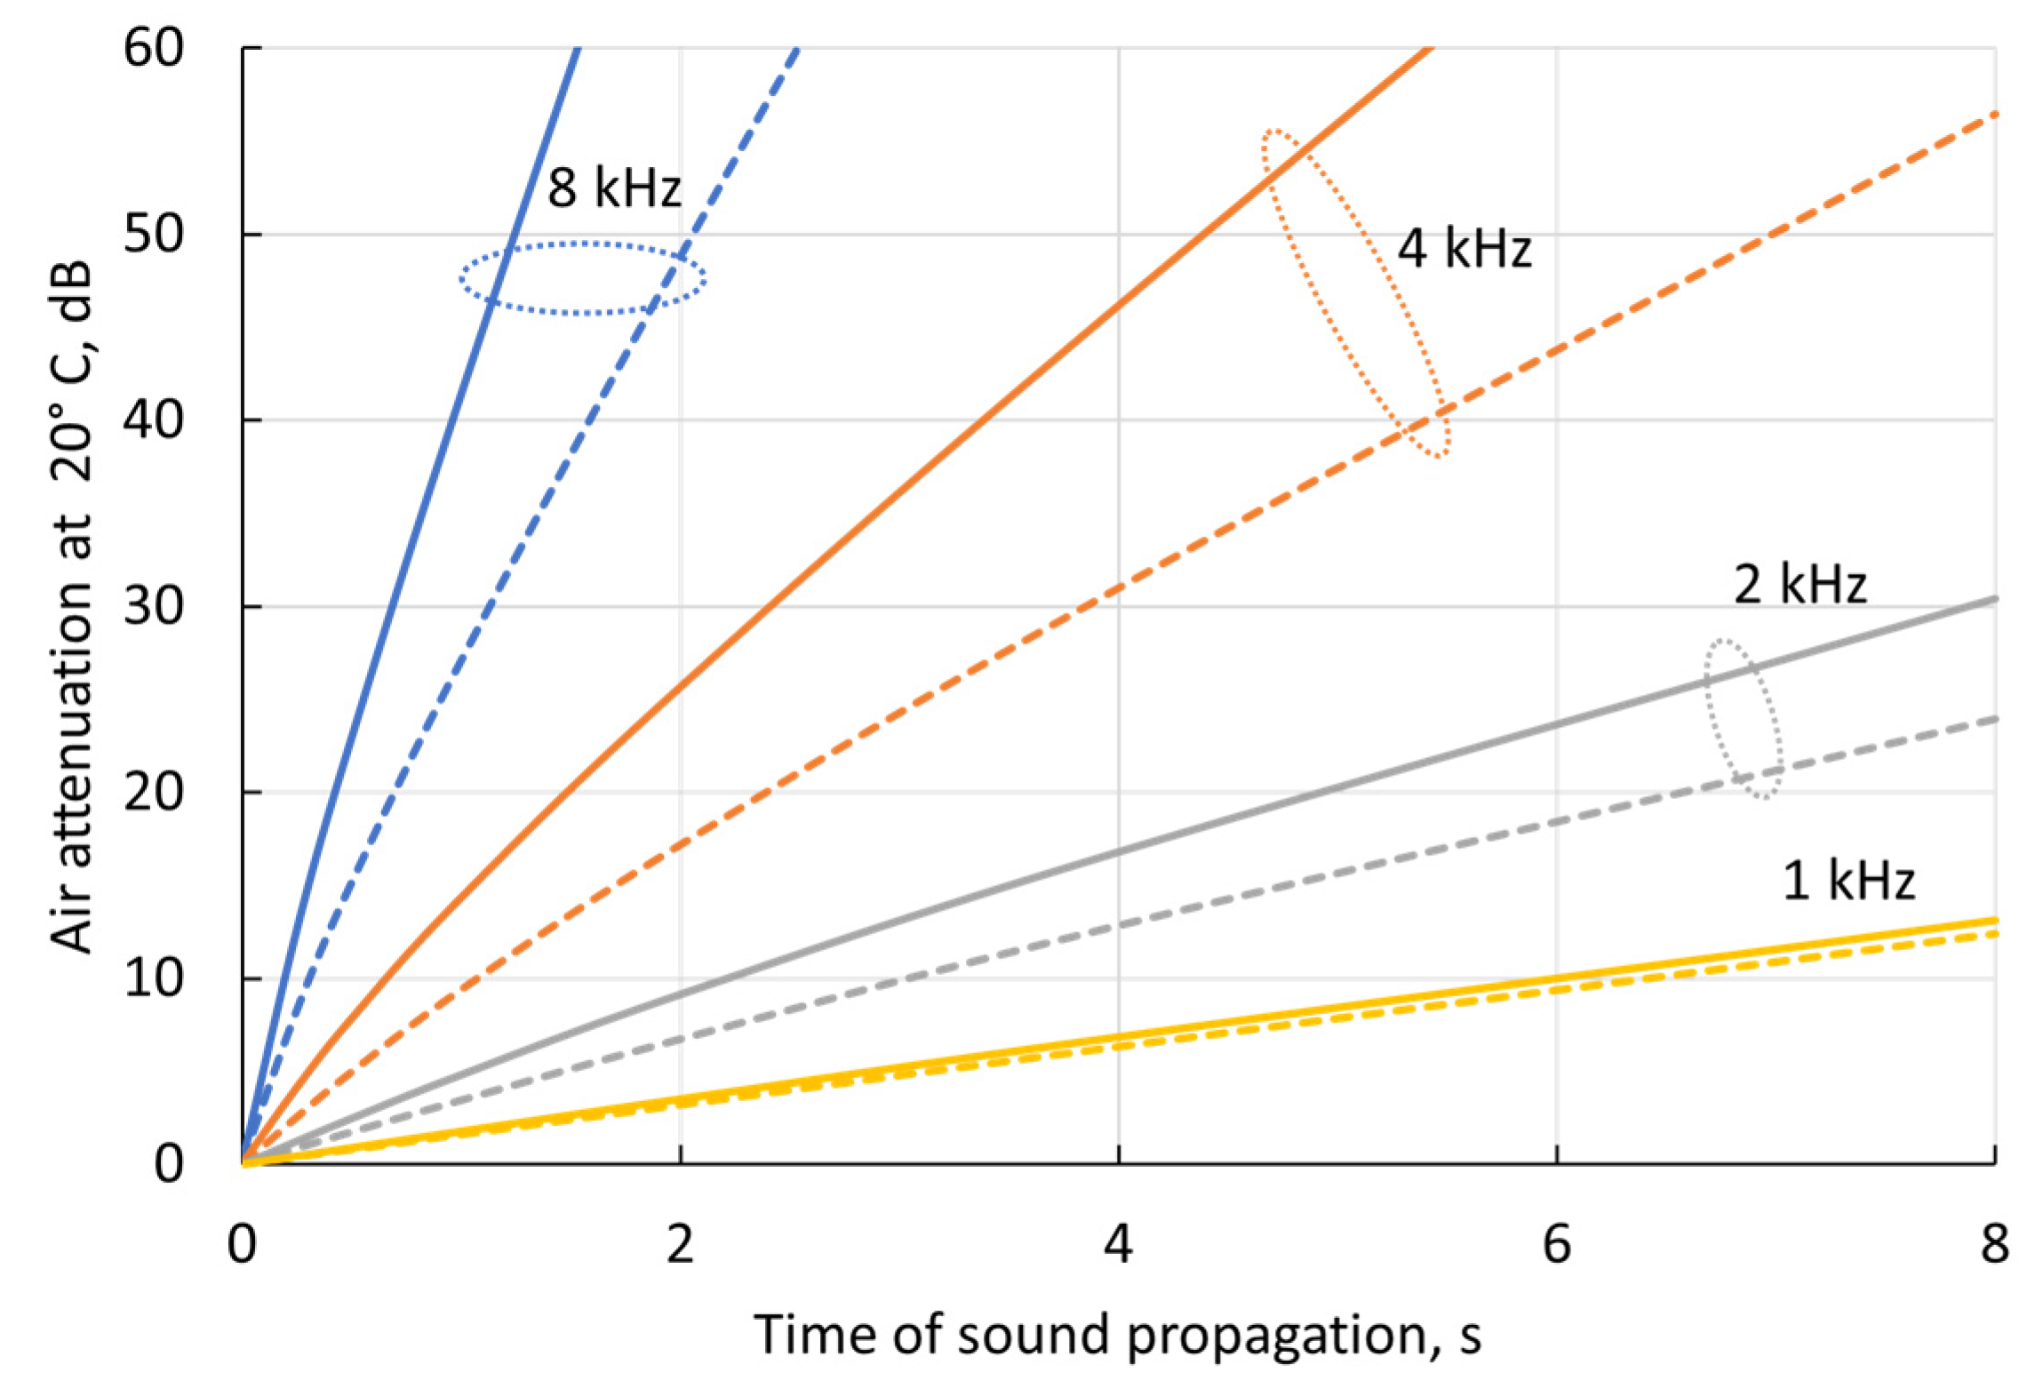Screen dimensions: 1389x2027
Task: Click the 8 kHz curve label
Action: (x=613, y=188)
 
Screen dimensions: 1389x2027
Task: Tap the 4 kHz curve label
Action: (x=1464, y=248)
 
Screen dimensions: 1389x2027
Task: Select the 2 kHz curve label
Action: (x=1800, y=585)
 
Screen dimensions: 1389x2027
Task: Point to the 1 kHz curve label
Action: (x=1848, y=881)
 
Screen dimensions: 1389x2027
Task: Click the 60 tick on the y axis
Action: (x=153, y=47)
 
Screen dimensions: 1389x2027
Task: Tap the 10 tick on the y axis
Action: (x=153, y=978)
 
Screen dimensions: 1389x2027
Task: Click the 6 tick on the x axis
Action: (x=1556, y=1244)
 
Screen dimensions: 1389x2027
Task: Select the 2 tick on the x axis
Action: (x=680, y=1244)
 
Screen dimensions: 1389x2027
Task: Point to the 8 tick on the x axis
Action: (x=1994, y=1244)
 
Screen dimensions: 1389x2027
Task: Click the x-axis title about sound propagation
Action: (x=1117, y=1336)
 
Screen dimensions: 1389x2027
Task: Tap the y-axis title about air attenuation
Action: (x=71, y=606)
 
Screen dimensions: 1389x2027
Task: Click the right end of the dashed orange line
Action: (x=1994, y=115)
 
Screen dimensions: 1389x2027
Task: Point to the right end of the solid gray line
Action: (x=1994, y=599)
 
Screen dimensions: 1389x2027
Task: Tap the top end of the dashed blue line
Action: (x=797, y=50)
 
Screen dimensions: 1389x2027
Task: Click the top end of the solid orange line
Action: (x=1429, y=49)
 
